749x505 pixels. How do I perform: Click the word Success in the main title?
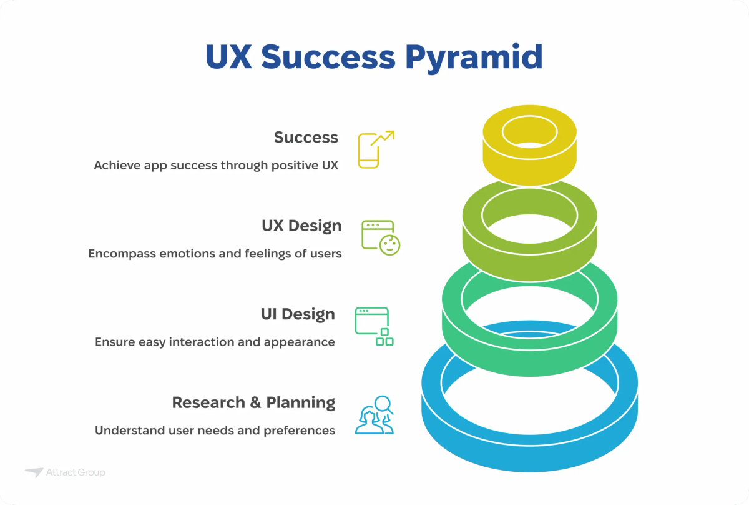(x=328, y=57)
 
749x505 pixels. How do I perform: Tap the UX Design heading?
(x=301, y=226)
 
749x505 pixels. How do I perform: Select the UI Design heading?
(x=298, y=314)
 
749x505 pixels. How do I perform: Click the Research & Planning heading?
(x=253, y=402)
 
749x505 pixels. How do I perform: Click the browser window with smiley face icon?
(x=381, y=237)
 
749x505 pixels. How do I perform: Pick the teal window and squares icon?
(x=374, y=326)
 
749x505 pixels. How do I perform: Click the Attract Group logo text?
(x=76, y=473)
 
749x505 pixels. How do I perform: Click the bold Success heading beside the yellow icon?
(x=306, y=137)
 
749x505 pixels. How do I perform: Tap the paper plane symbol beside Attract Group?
(x=34, y=472)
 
